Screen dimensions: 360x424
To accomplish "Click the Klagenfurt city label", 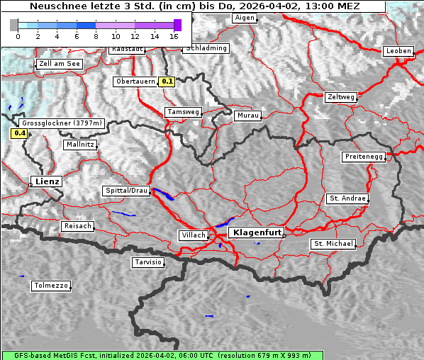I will click(x=257, y=232).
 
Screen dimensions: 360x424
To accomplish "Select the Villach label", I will click(x=193, y=235).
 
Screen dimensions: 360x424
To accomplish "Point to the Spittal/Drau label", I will click(x=126, y=191).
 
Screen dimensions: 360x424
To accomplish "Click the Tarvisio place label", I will click(x=148, y=262).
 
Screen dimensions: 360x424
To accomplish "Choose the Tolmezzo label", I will click(x=51, y=286).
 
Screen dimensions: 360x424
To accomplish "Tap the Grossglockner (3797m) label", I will click(x=62, y=123).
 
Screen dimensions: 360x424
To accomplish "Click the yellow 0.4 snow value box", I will click(x=19, y=133).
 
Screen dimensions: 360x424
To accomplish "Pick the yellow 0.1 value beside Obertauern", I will click(x=167, y=81).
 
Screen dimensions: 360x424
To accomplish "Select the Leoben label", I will click(x=398, y=51).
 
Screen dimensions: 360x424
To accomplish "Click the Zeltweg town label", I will click(x=340, y=97).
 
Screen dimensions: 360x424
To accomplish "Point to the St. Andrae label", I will click(x=347, y=198).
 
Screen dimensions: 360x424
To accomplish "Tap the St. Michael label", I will click(x=333, y=244).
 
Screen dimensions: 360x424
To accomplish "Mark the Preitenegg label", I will click(x=364, y=157).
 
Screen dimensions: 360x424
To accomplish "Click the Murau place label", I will click(x=248, y=115).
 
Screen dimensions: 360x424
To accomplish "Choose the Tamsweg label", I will click(x=184, y=112).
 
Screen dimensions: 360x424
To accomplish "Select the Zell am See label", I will click(x=59, y=64).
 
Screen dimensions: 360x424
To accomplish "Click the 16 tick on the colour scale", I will click(x=174, y=35).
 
